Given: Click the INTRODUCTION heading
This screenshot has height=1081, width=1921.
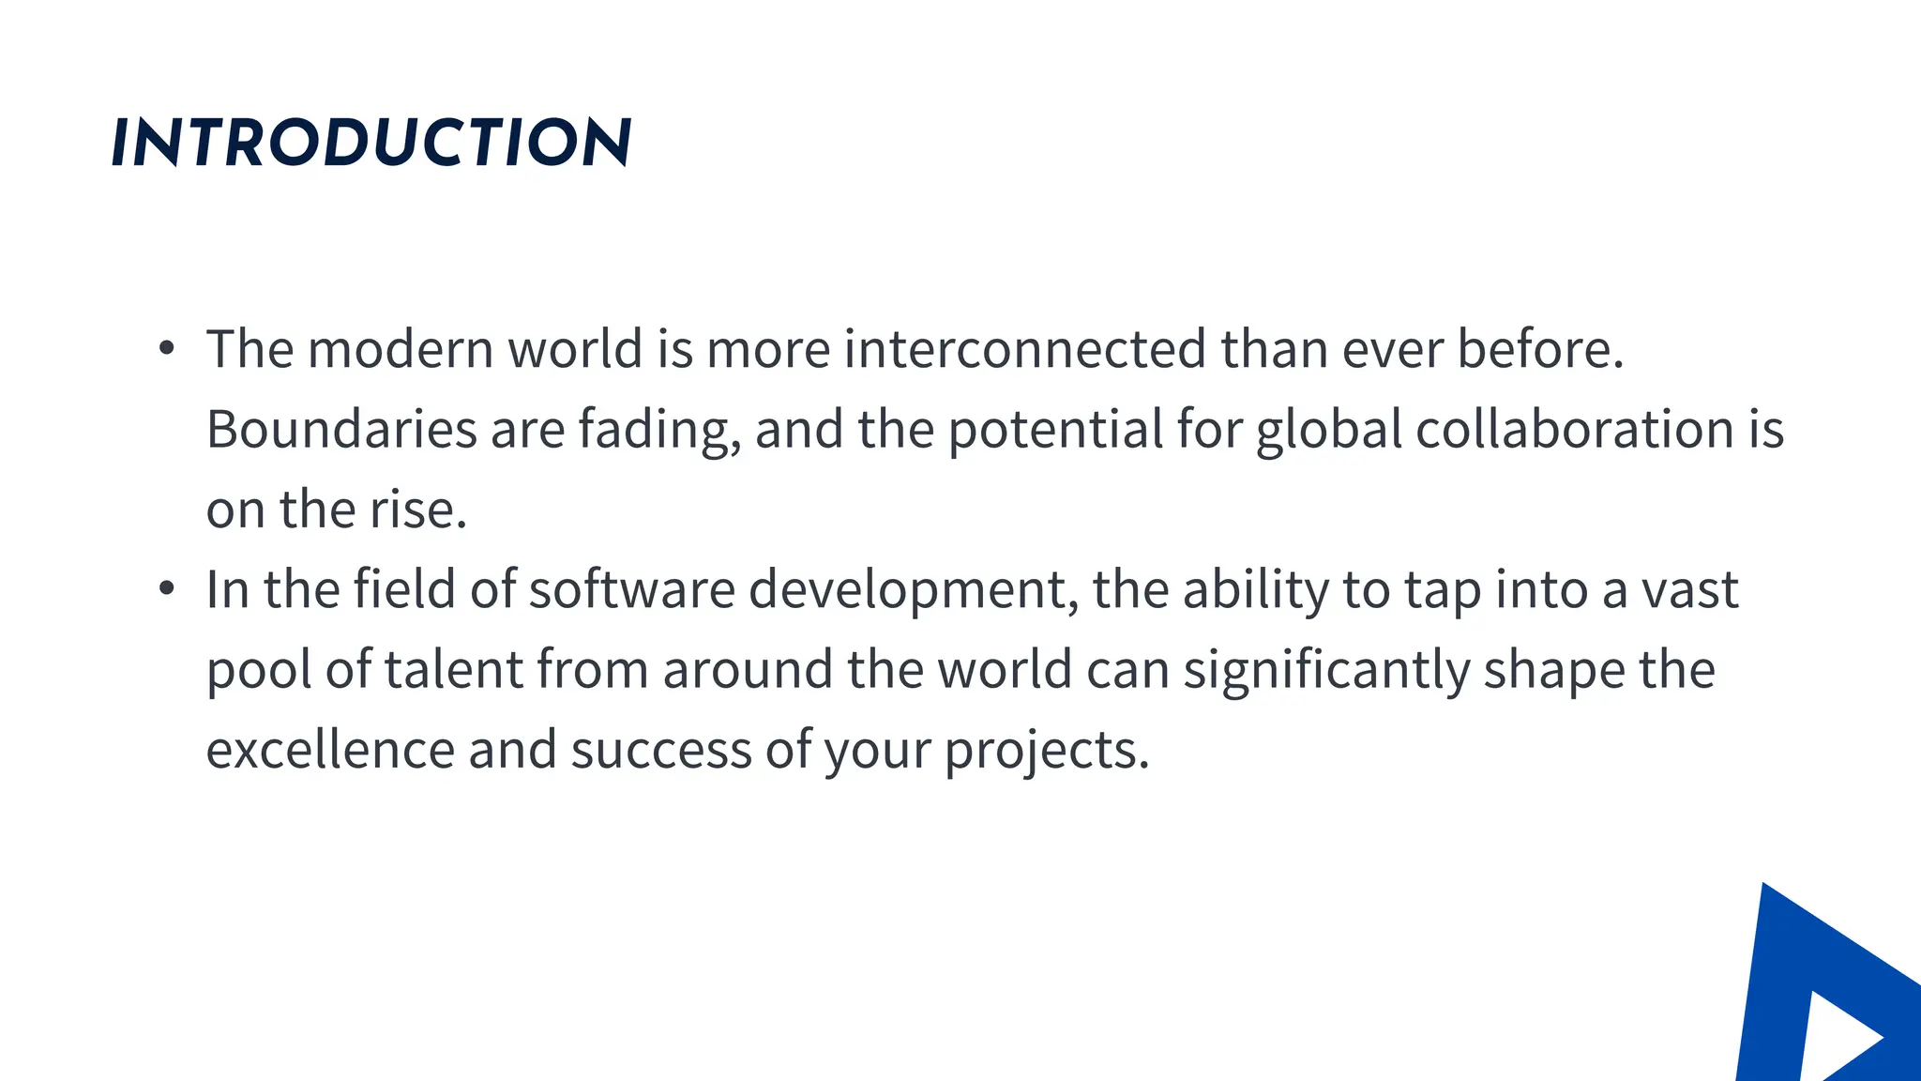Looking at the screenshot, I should point(371,144).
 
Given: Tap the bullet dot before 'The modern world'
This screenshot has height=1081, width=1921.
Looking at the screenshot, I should point(167,349).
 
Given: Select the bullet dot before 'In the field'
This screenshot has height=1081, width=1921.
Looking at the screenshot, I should point(167,589).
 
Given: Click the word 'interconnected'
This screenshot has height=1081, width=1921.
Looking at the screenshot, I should point(1025,349).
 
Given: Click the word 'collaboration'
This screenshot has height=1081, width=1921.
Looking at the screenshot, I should point(1574,430).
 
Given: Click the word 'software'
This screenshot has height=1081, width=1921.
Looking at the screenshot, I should point(631,589).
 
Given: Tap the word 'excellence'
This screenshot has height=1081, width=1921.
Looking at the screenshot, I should point(330,751).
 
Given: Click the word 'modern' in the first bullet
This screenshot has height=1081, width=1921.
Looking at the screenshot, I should point(401,349).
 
